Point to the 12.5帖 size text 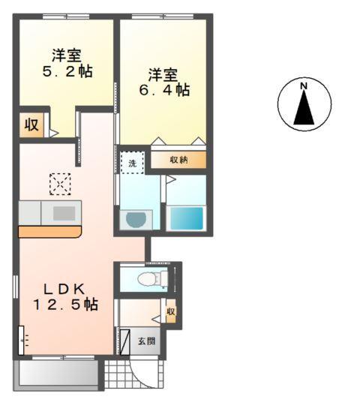65,305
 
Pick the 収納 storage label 178,159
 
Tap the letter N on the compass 304,87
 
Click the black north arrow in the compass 304,110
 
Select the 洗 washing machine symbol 131,163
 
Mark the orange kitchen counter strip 49,232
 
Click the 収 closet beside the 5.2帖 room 31,125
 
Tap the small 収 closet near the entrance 171,311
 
